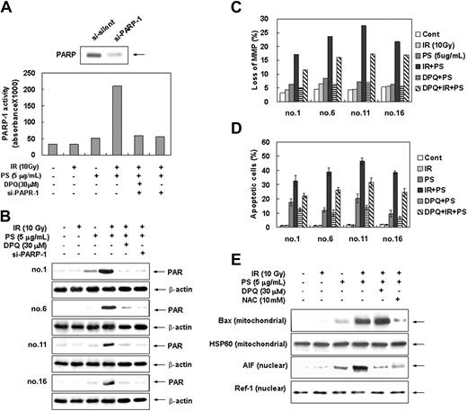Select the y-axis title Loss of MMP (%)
click(x=251, y=63)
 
